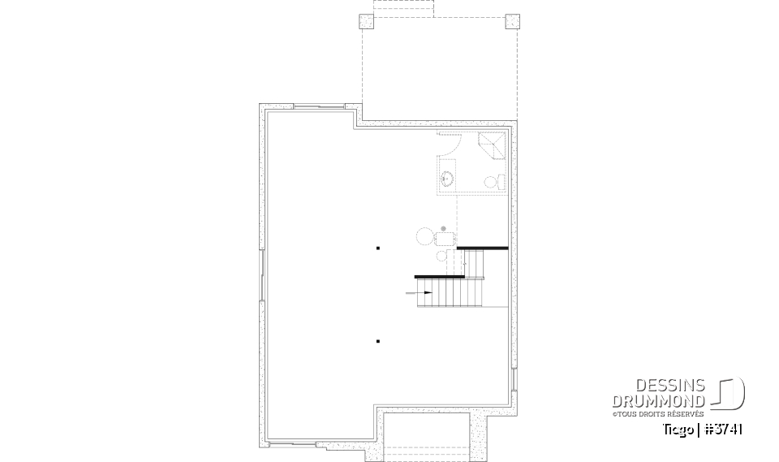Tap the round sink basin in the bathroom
pyautogui.click(x=447, y=178)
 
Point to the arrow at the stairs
pyautogui.click(x=425, y=292)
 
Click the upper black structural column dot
pyautogui.click(x=378, y=248)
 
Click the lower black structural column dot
pyautogui.click(x=378, y=341)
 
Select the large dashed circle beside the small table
pyautogui.click(x=425, y=237)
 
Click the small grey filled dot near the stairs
pyautogui.click(x=443, y=228)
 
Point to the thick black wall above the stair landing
pyautogui.click(x=483, y=248)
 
